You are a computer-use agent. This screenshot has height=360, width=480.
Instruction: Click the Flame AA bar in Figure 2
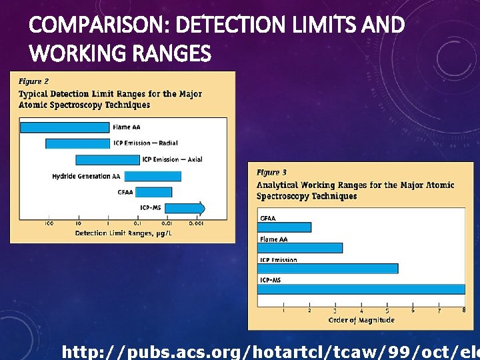(65, 127)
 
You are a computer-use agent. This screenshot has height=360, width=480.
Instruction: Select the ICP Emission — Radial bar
(77, 143)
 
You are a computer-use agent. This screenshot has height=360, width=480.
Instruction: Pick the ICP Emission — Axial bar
(107, 160)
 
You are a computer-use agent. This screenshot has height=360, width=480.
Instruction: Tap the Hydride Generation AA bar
(152, 176)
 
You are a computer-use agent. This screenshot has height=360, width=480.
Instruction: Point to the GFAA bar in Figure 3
(285, 227)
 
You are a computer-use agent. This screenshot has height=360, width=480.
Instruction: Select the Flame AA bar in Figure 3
(300, 248)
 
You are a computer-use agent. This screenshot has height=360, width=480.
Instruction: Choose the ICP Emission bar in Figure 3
(328, 269)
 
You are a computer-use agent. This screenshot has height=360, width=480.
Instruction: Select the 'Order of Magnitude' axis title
(361, 320)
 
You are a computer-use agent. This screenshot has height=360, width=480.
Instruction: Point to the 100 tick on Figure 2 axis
(49, 223)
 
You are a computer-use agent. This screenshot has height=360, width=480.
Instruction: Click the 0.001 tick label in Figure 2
(195, 223)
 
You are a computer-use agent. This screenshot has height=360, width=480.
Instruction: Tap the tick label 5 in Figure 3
(387, 311)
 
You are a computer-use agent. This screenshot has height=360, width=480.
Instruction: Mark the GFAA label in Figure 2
(125, 192)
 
